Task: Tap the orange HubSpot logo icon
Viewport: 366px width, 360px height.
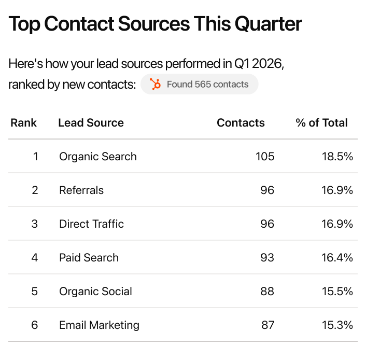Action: click(x=155, y=84)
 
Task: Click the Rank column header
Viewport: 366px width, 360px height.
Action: click(x=24, y=123)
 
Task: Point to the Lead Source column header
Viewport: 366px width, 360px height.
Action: click(x=91, y=123)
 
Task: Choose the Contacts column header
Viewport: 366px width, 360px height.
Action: click(x=241, y=123)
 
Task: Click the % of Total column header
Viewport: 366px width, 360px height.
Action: click(x=321, y=123)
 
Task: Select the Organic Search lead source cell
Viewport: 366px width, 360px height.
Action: click(x=98, y=157)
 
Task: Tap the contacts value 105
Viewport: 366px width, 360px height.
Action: click(x=265, y=157)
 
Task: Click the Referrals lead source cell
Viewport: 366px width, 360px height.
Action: click(x=81, y=190)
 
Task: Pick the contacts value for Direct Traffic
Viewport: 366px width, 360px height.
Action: click(x=267, y=224)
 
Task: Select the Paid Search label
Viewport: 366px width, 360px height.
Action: click(x=89, y=258)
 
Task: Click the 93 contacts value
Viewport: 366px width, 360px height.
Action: click(x=267, y=258)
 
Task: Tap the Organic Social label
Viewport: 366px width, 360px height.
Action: click(x=95, y=292)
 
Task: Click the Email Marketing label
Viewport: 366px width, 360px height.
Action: click(x=99, y=325)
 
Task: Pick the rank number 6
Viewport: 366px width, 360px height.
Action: click(x=35, y=325)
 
